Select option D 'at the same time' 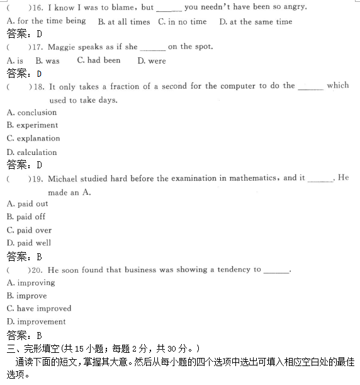tap(256, 21)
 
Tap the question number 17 tap(37, 47)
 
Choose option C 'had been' tap(98, 60)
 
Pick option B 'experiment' tap(32, 125)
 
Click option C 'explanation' tap(33, 139)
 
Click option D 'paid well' tap(28, 243)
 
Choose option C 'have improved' tap(39, 309)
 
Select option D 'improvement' tap(36, 322)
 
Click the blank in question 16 tap(168, 8)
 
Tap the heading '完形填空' tap(38, 348)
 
